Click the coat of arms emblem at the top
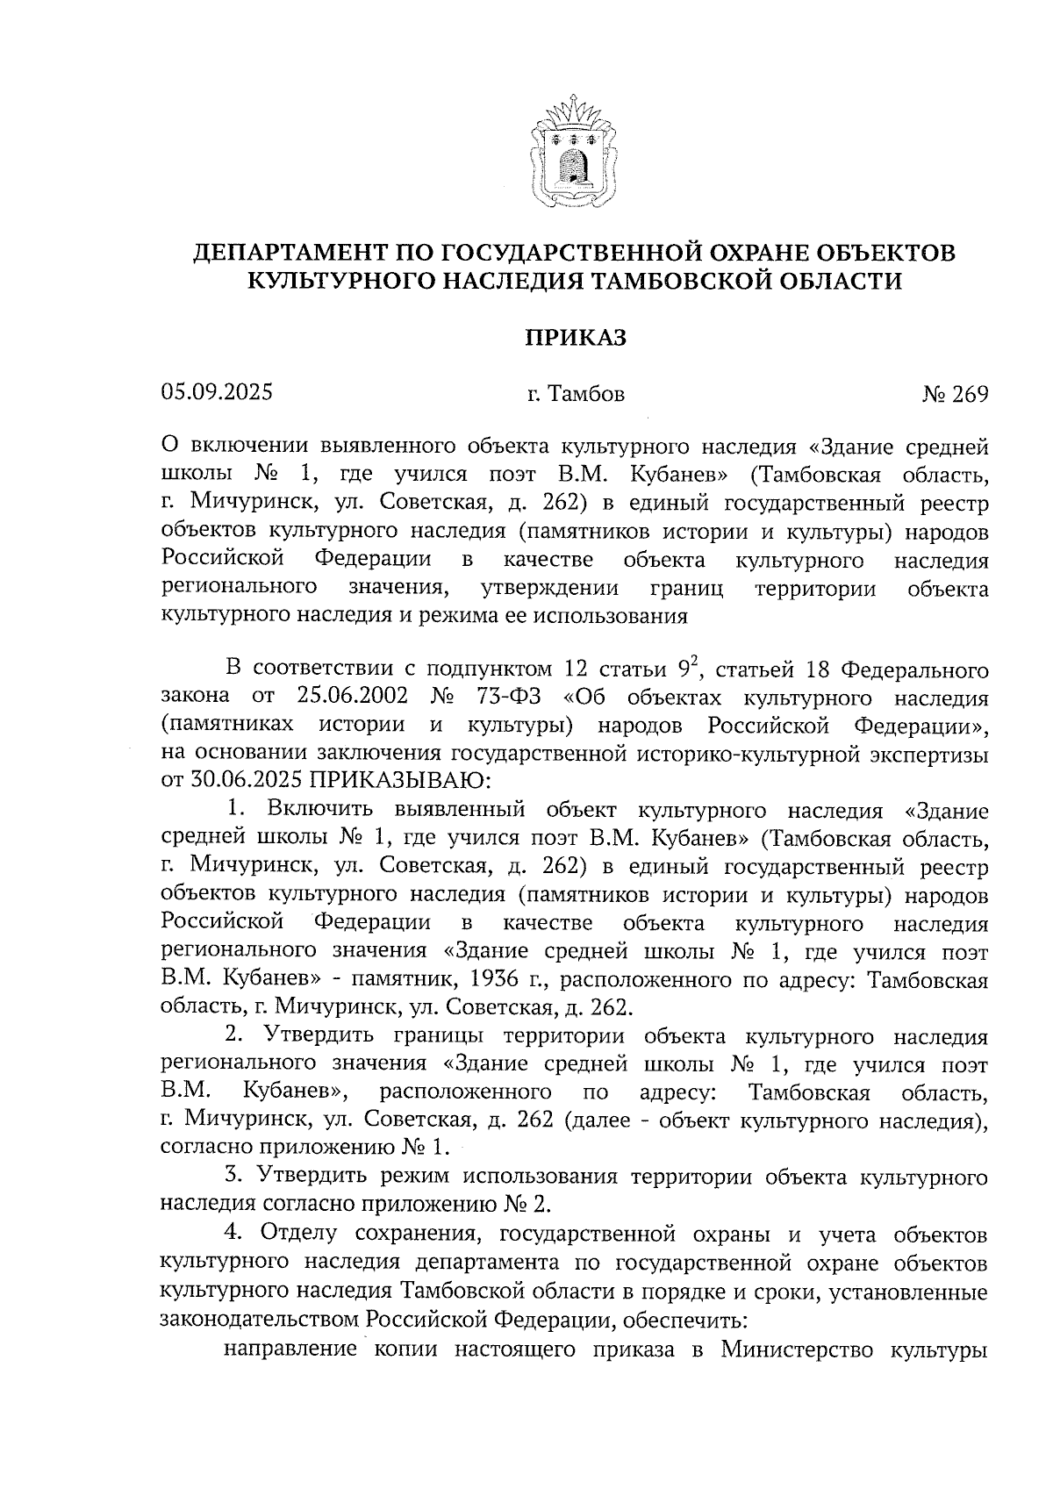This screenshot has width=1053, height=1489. pos(574,157)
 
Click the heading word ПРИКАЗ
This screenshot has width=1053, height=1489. pos(575,338)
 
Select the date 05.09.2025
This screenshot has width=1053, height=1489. pos(217,392)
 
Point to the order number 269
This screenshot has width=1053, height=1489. pos(970,395)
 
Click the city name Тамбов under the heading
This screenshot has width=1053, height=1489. pos(585,395)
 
